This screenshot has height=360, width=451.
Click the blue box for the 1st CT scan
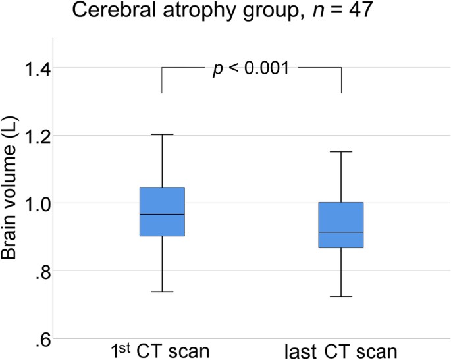pyautogui.click(x=162, y=212)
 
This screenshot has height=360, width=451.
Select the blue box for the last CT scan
pyautogui.click(x=341, y=225)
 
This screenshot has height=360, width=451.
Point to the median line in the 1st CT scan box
pyautogui.click(x=162, y=214)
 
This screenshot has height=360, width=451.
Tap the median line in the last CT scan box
pyautogui.click(x=341, y=232)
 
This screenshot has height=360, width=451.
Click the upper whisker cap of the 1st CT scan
pyautogui.click(x=162, y=134)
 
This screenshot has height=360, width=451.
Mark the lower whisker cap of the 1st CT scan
pyautogui.click(x=162, y=292)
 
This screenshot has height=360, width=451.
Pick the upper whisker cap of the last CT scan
pyautogui.click(x=341, y=151)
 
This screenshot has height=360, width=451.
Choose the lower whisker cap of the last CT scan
pyautogui.click(x=341, y=296)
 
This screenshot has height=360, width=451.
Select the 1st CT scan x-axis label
pyautogui.click(x=160, y=351)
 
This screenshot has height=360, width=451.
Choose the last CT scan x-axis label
pyautogui.click(x=341, y=351)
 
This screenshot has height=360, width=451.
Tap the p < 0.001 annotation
pyautogui.click(x=251, y=69)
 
